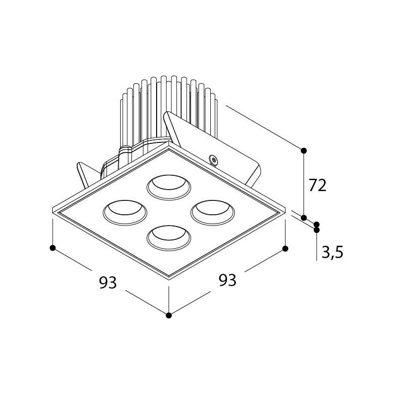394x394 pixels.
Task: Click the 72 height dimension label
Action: pyautogui.click(x=317, y=185)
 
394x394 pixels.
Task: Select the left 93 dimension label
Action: pyautogui.click(x=108, y=282)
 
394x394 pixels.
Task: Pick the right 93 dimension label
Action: pyautogui.click(x=228, y=280)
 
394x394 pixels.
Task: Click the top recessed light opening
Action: pyautogui.click(x=169, y=187)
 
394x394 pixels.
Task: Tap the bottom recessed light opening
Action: pyautogui.click(x=169, y=238)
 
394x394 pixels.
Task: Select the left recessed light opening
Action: pyautogui.click(x=125, y=213)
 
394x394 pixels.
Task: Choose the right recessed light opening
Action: pyautogui.click(x=213, y=213)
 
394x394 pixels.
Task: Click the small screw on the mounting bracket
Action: pyautogui.click(x=213, y=160)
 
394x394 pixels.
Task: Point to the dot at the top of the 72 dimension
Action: pyautogui.click(x=304, y=151)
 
